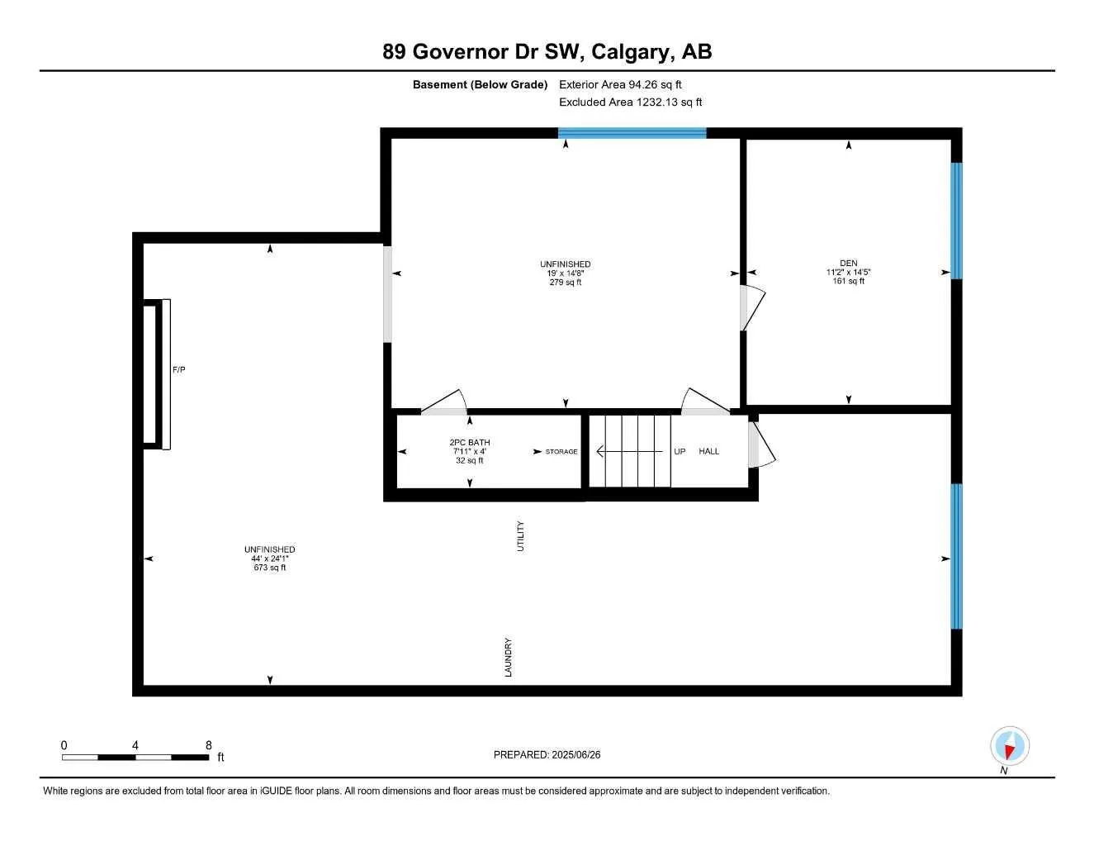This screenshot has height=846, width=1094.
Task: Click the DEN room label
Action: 848,264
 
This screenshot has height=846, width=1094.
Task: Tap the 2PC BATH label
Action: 469,443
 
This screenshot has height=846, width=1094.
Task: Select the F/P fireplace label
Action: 179,370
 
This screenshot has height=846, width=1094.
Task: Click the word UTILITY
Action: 520,536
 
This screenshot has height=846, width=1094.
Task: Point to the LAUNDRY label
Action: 509,658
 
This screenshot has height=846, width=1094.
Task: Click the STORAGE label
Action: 561,452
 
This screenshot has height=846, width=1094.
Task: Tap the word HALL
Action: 708,451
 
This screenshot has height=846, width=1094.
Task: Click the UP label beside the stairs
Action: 680,451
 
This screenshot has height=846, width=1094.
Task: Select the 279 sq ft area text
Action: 566,283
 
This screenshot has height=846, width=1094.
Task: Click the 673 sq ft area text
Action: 269,568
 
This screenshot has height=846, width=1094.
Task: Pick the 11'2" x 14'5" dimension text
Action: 848,272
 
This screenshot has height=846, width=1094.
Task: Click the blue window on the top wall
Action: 632,132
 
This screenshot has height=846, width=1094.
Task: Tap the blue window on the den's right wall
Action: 956,221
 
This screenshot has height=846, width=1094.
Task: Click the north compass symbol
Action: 1009,746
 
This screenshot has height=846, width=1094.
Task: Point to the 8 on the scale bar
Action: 208,745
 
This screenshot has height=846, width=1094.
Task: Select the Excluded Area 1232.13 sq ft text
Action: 630,102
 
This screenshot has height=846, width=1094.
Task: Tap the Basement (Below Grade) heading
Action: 480,84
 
